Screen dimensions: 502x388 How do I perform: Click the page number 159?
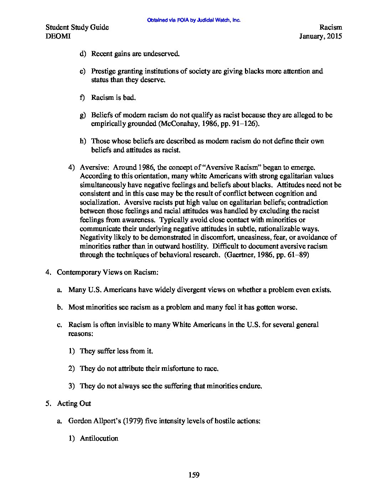click(194, 475)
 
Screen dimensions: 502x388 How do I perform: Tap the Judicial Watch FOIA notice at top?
click(194, 20)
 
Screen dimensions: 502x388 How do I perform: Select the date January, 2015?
click(321, 36)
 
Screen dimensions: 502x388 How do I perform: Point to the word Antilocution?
click(99, 438)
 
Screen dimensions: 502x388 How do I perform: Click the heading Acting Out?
click(74, 403)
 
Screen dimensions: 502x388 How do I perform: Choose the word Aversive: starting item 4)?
click(92, 167)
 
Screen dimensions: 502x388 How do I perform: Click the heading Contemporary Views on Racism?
click(107, 272)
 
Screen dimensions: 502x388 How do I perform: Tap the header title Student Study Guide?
click(77, 27)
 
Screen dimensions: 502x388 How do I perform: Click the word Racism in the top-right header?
click(330, 27)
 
